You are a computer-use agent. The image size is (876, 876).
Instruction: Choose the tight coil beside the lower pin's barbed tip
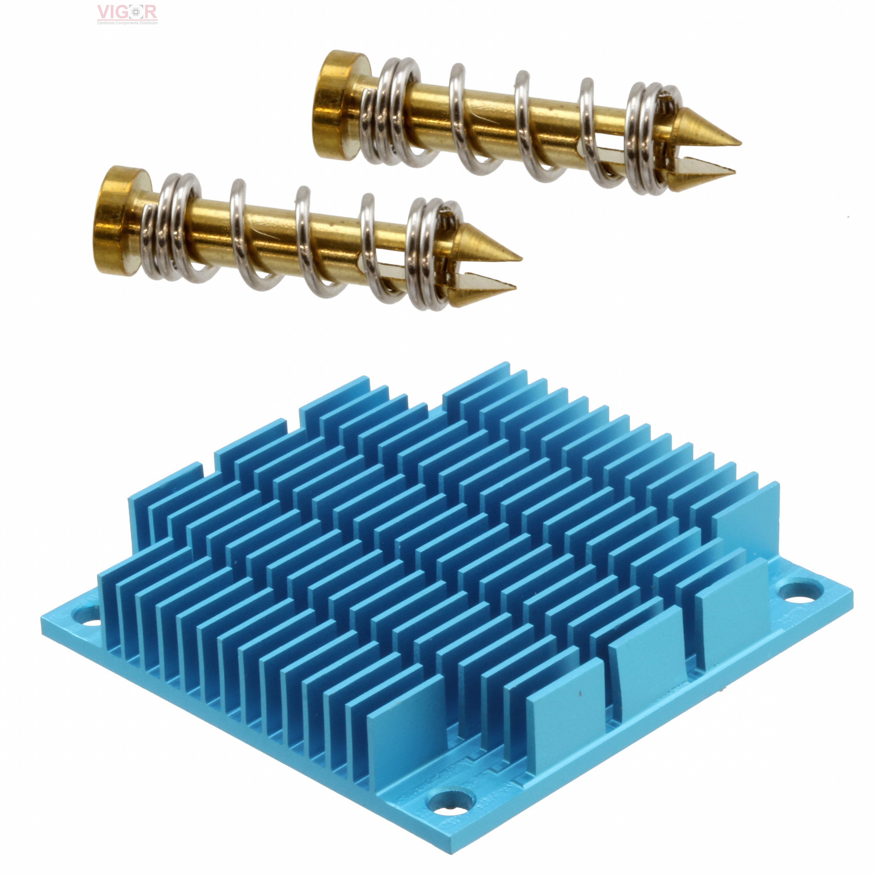428,254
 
